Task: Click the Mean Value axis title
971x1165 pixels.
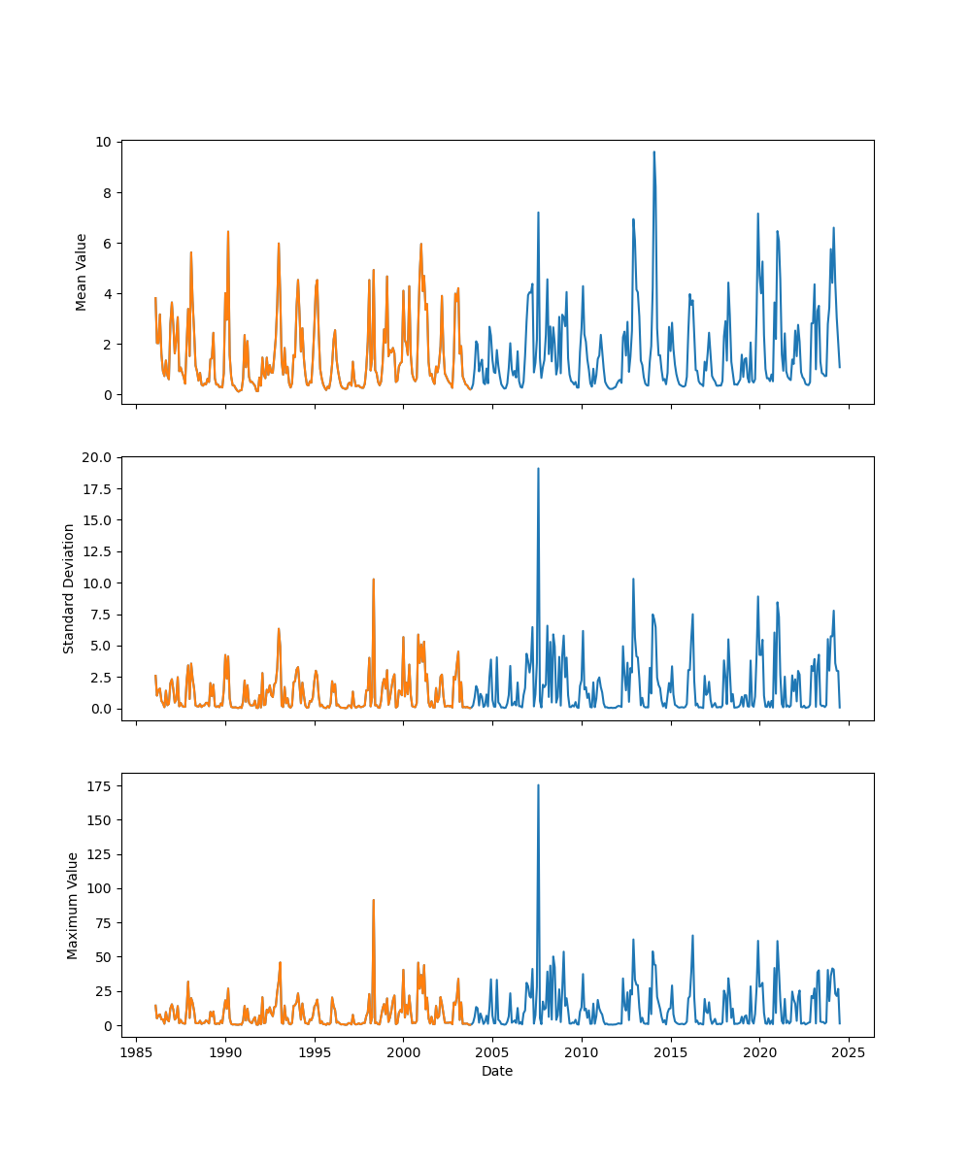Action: pyautogui.click(x=82, y=272)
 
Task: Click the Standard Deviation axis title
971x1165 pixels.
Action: pyautogui.click(x=69, y=588)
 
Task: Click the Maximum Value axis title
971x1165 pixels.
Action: pyautogui.click(x=73, y=905)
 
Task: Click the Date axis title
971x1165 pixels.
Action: pyautogui.click(x=497, y=1071)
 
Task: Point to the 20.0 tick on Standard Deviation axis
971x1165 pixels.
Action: pyautogui.click(x=100, y=457)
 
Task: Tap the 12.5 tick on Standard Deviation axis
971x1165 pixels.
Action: pyautogui.click(x=100, y=551)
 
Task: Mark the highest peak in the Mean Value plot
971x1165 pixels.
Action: pyautogui.click(x=653, y=151)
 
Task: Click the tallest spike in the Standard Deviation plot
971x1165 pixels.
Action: pyautogui.click(x=538, y=469)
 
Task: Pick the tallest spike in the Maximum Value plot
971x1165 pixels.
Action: pyautogui.click(x=538, y=785)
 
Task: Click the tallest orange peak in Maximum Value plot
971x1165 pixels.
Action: pyautogui.click(x=373, y=900)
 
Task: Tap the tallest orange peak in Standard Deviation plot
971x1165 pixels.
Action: pyautogui.click(x=373, y=580)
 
